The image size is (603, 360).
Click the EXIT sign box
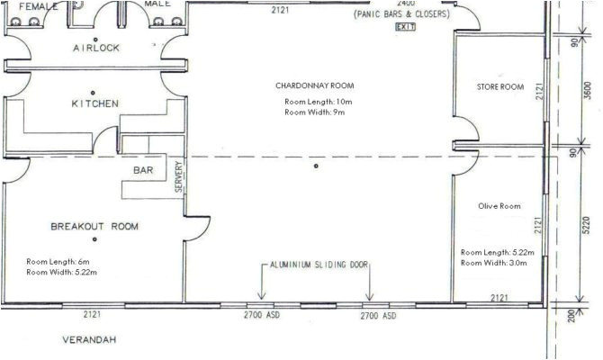click(x=404, y=28)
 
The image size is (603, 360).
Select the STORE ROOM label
click(x=499, y=87)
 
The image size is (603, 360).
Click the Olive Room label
click(x=499, y=206)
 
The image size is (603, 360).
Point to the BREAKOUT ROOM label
click(x=94, y=227)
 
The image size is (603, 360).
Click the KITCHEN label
click(x=94, y=104)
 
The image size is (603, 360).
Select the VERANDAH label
click(x=91, y=341)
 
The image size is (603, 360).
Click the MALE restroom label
click(x=158, y=4)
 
